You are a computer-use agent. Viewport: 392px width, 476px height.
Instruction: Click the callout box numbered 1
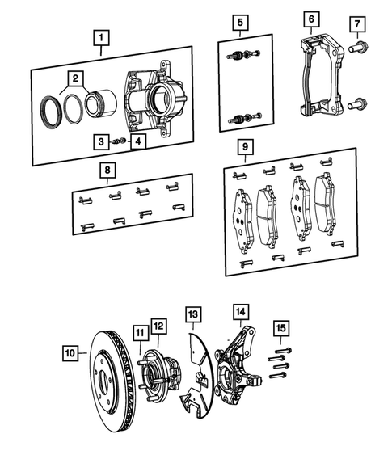(100, 37)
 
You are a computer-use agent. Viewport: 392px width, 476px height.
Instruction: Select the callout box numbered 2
(74, 78)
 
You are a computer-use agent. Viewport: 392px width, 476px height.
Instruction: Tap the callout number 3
(100, 141)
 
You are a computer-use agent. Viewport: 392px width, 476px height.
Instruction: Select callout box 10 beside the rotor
(71, 352)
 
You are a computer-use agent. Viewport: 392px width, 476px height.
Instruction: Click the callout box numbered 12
(158, 326)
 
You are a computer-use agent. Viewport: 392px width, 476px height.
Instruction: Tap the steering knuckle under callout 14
(238, 364)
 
